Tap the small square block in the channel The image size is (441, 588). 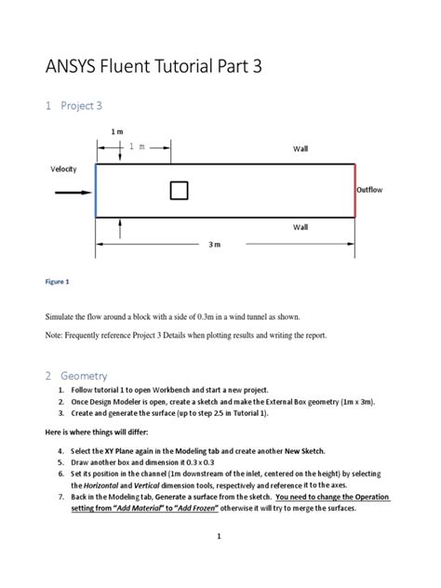coord(179,191)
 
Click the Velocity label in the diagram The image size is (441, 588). coord(63,168)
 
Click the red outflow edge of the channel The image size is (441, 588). coord(354,190)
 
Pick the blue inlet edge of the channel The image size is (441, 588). coord(96,190)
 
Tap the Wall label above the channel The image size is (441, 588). coord(301,149)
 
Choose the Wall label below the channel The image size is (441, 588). coord(301,226)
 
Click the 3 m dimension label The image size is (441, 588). coord(215,244)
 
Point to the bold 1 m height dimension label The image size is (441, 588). coord(117,132)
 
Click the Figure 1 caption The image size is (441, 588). coord(58,281)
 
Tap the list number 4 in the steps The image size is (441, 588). coord(60,450)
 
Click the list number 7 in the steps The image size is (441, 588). coord(60,497)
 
